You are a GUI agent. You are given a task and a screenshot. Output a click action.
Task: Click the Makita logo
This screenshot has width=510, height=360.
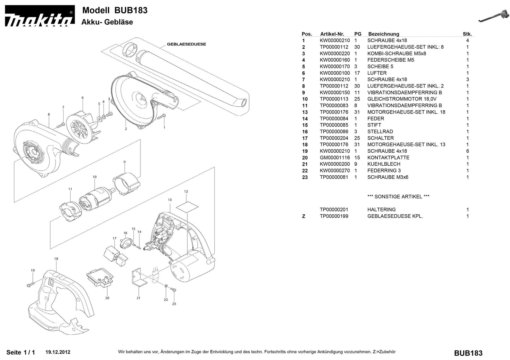39,17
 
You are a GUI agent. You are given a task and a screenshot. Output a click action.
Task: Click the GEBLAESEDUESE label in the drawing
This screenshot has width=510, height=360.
186,44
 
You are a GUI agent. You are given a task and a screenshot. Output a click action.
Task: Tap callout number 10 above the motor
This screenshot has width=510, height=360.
95,177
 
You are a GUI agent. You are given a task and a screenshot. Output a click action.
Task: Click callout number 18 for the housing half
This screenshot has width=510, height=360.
56,259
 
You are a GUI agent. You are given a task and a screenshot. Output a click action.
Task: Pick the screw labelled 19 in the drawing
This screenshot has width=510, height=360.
30,283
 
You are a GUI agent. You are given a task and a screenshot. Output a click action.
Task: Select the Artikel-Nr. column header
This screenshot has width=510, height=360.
332,34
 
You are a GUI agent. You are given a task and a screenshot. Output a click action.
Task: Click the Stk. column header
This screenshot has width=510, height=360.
467,34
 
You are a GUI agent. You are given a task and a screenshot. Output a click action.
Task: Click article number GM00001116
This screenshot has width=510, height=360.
335,158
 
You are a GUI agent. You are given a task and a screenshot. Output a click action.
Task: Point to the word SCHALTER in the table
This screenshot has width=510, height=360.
380,138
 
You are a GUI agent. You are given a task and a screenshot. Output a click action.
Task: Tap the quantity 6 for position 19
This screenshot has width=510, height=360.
467,151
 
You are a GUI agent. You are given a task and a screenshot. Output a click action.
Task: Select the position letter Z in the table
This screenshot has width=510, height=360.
304,216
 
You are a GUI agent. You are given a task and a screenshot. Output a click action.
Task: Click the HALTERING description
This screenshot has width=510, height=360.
381,209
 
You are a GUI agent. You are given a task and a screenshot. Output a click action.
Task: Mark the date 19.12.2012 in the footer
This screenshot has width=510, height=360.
58,352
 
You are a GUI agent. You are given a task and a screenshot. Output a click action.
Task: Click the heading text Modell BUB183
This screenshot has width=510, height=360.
115,10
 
